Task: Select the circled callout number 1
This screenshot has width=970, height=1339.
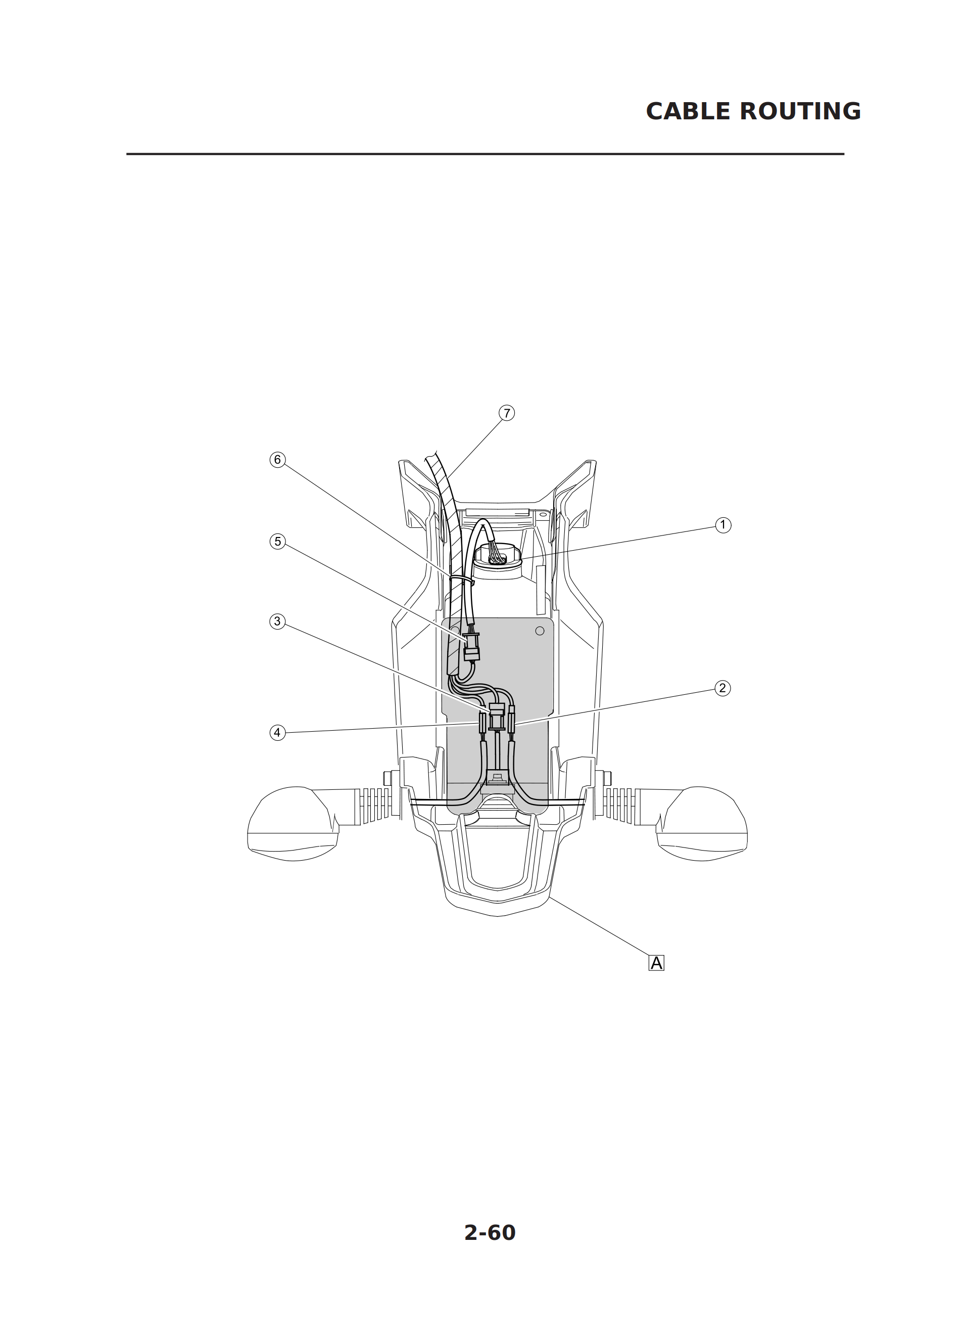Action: tap(723, 525)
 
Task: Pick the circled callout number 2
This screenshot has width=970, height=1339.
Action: tap(722, 688)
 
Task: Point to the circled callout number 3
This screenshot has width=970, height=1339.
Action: tap(277, 621)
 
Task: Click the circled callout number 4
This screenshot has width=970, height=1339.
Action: tap(277, 733)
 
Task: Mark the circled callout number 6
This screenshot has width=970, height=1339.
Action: tap(277, 459)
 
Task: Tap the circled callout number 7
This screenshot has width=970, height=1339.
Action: tap(506, 413)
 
